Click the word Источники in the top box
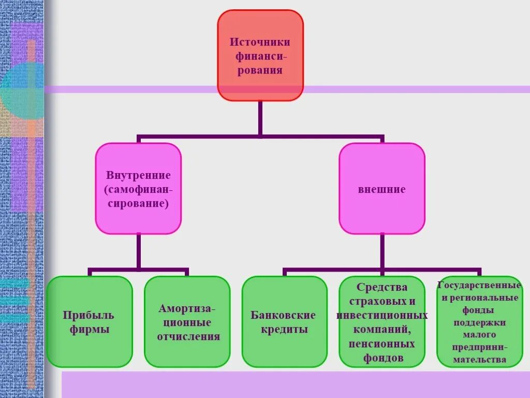tap(260, 41)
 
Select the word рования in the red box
tap(260, 69)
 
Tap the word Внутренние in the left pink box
tap(138, 175)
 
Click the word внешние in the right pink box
tap(382, 189)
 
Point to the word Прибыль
tap(89, 315)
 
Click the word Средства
tap(382, 287)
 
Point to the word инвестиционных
tap(382, 315)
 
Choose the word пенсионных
tap(382, 344)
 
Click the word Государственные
tap(479, 285)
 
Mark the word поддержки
tap(479, 322)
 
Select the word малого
tap(479, 335)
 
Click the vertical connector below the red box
tap(260, 118)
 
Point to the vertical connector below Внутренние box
tap(138, 251)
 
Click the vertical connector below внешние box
tap(382, 251)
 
